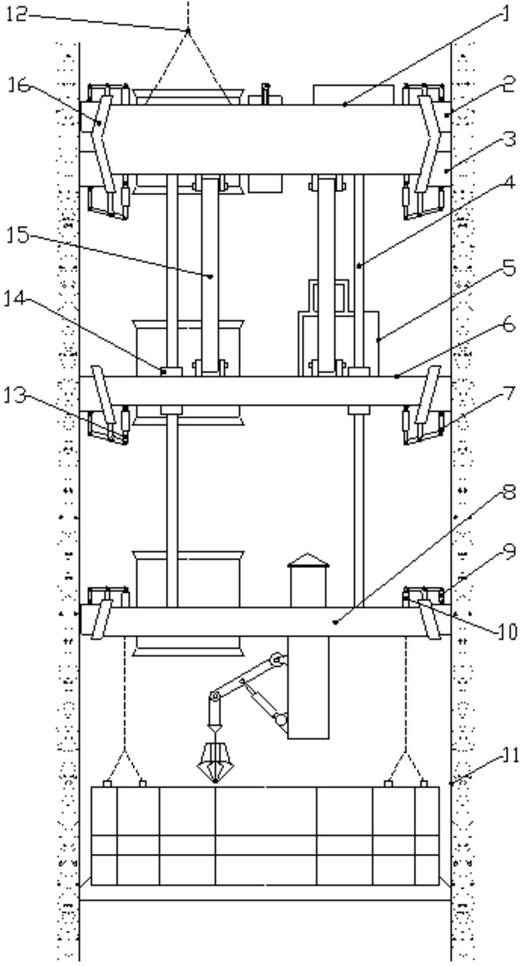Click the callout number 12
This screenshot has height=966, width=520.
coord(17,15)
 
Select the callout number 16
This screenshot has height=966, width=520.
coord(19,86)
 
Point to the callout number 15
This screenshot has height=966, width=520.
coord(18,236)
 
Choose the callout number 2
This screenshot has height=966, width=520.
coord(510,84)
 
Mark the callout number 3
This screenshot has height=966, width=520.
coord(510,139)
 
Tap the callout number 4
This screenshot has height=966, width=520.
coord(510,183)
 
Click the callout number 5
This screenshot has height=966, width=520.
coord(510,268)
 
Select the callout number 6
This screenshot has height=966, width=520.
coord(510,325)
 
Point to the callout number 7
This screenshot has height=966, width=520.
coord(510,393)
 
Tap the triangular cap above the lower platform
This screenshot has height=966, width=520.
coord(308,560)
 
